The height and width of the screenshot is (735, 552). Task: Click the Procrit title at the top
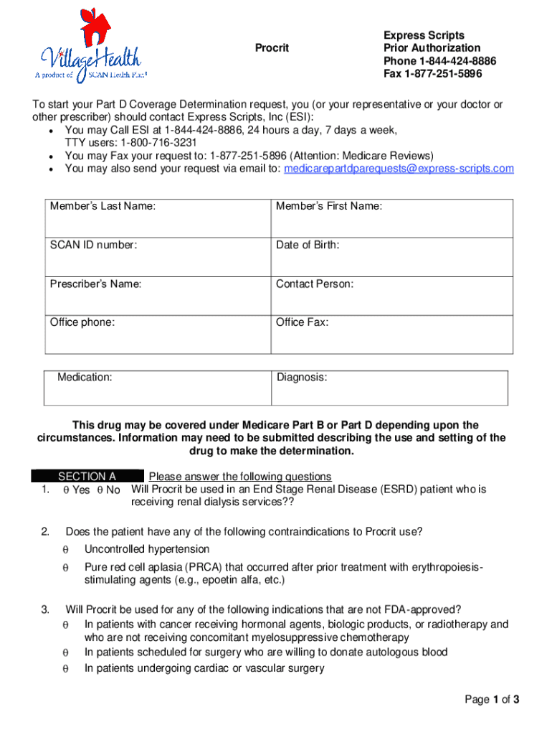point(272,48)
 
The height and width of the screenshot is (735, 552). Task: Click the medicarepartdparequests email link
point(399,169)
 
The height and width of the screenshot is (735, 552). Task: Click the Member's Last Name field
point(158,219)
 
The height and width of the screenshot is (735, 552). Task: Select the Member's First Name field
point(391,219)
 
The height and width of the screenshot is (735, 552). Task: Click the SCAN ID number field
point(158,258)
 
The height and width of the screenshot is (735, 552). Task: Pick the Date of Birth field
point(391,258)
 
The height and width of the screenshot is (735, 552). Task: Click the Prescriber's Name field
point(158,296)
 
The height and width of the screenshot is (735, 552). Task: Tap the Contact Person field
point(391,296)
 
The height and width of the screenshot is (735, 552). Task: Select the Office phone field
point(158,335)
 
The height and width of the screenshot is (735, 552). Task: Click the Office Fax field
point(391,335)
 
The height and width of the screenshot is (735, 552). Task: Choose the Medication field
point(159,388)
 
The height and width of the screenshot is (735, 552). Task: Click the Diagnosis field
point(390,388)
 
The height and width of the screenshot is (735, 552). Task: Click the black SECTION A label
point(87,477)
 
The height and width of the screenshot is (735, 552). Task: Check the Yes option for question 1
point(65,490)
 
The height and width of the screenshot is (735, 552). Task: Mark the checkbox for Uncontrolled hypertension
point(65,550)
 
